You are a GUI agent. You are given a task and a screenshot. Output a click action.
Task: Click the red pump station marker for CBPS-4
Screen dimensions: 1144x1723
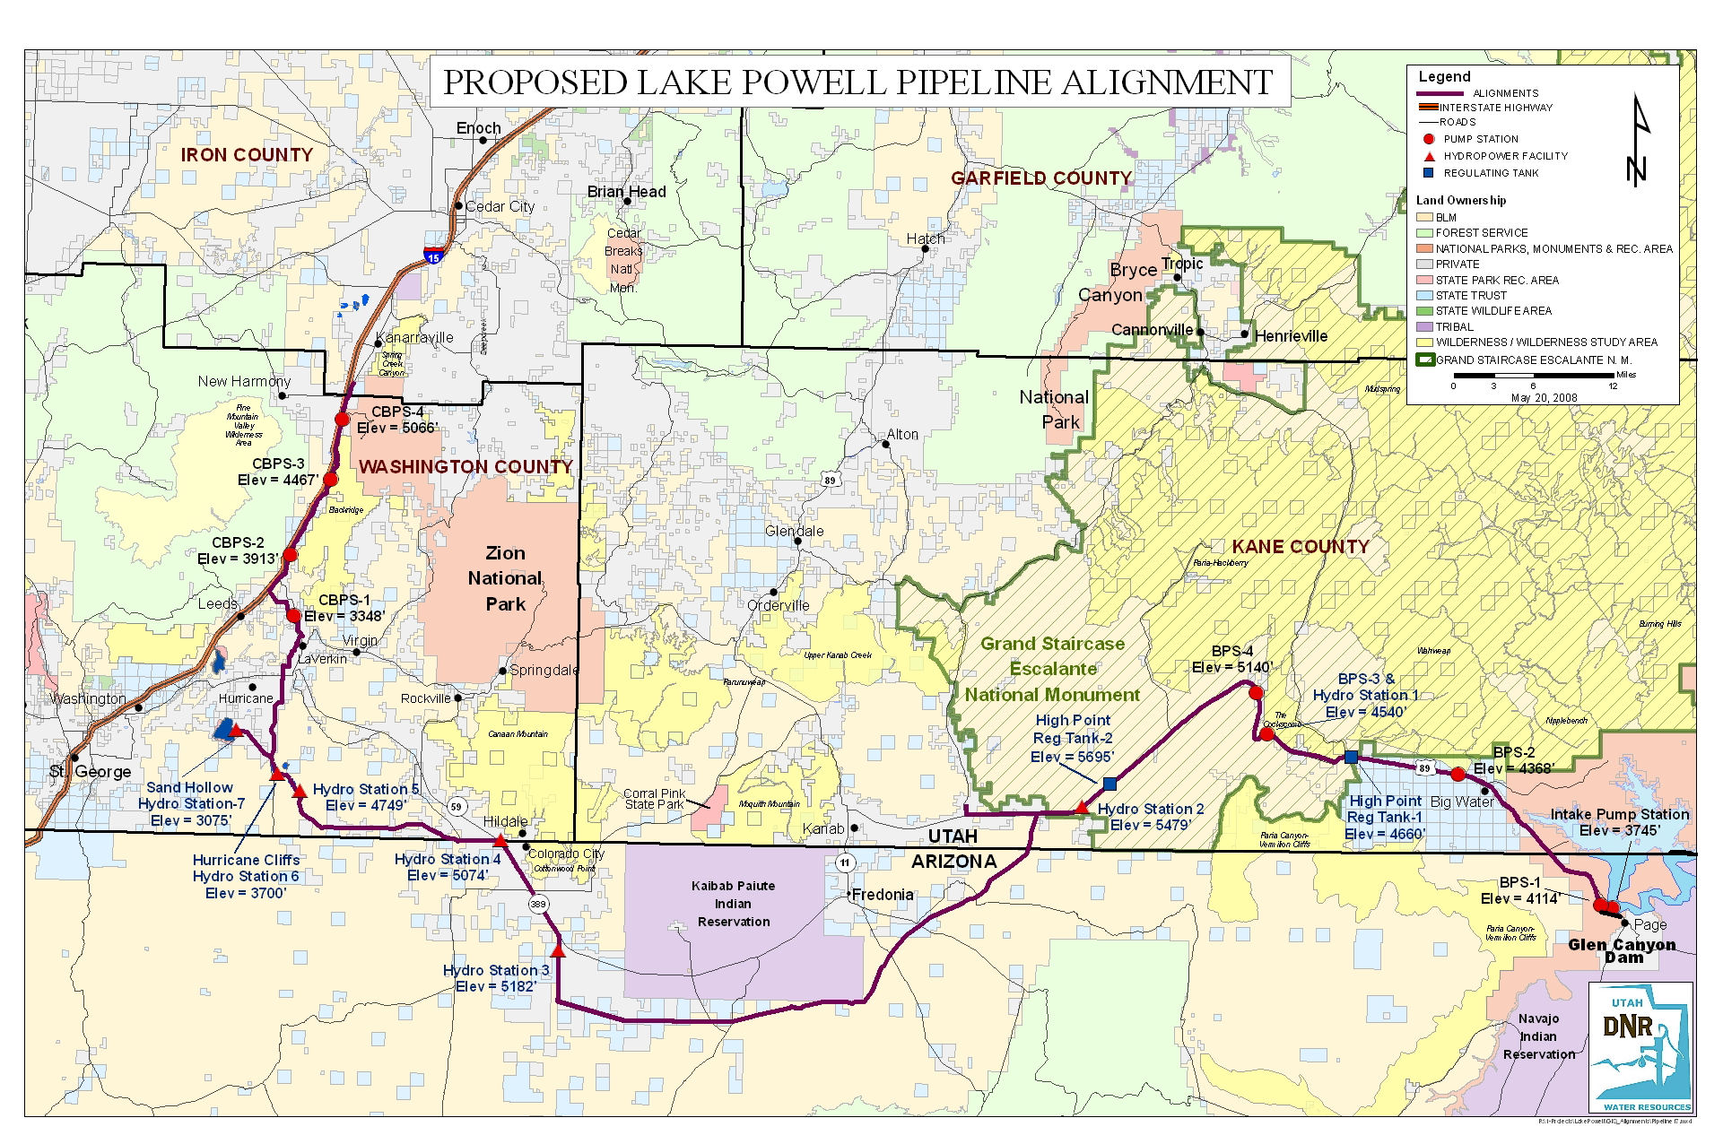point(342,419)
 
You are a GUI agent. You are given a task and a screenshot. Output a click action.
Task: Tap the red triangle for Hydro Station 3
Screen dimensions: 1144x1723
point(558,951)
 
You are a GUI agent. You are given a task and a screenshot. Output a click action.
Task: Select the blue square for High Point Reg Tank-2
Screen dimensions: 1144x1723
point(1110,784)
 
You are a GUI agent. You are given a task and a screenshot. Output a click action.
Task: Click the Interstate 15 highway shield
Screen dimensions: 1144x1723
point(434,256)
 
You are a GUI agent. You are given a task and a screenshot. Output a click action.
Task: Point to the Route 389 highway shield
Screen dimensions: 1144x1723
point(538,904)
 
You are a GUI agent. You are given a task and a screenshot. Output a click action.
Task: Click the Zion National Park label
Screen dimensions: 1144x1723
point(505,578)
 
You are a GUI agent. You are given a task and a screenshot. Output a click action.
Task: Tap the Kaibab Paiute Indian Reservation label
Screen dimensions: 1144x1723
point(733,904)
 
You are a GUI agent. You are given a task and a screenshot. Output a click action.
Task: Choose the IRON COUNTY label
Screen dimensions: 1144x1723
point(247,155)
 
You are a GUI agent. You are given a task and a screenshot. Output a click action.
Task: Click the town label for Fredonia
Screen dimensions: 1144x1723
point(883,894)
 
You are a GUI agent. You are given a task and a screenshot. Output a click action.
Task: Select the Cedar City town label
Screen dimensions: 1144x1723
point(500,206)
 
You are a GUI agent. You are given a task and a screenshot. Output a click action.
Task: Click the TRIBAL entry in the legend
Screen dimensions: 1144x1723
point(1454,326)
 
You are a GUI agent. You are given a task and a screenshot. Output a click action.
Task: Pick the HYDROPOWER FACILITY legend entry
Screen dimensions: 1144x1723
point(1505,156)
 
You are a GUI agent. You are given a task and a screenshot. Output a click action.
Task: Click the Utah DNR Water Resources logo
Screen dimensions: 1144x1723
point(1640,1047)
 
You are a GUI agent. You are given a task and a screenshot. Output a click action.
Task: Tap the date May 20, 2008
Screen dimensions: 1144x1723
point(1544,397)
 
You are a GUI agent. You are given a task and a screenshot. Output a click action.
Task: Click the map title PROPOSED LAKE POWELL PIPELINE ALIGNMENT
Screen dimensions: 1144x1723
point(857,82)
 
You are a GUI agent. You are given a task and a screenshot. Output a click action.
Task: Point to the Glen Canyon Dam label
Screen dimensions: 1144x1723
point(1622,950)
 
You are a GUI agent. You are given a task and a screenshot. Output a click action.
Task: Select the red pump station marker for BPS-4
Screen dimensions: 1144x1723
point(1256,693)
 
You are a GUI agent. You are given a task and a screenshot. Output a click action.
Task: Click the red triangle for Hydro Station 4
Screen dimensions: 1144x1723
point(500,840)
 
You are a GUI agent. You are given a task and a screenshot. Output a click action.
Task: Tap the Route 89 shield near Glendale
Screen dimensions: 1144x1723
point(830,481)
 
